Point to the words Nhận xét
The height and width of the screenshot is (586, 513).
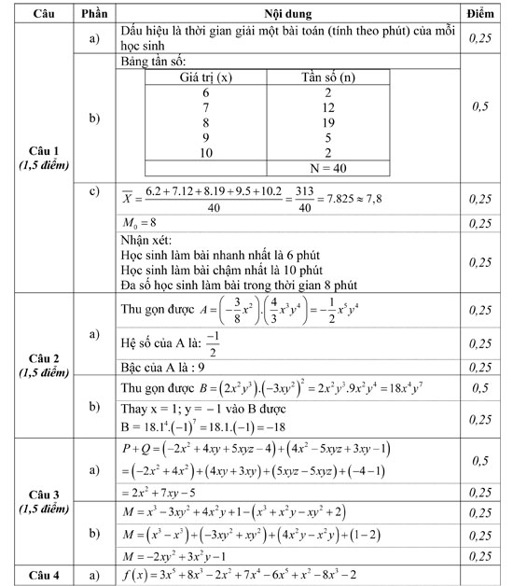point(147,242)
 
